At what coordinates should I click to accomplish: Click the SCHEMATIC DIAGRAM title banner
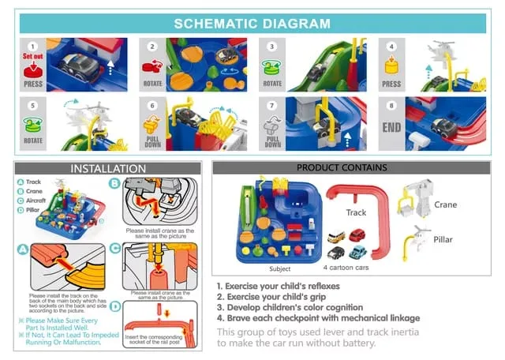252,23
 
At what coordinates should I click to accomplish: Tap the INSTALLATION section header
108,168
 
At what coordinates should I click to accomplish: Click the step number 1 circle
32,47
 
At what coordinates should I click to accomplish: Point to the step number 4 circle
390,47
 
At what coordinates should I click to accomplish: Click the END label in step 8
391,126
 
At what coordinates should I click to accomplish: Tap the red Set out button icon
33,66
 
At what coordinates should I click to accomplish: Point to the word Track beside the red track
357,212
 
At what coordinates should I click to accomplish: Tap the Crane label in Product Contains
445,204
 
